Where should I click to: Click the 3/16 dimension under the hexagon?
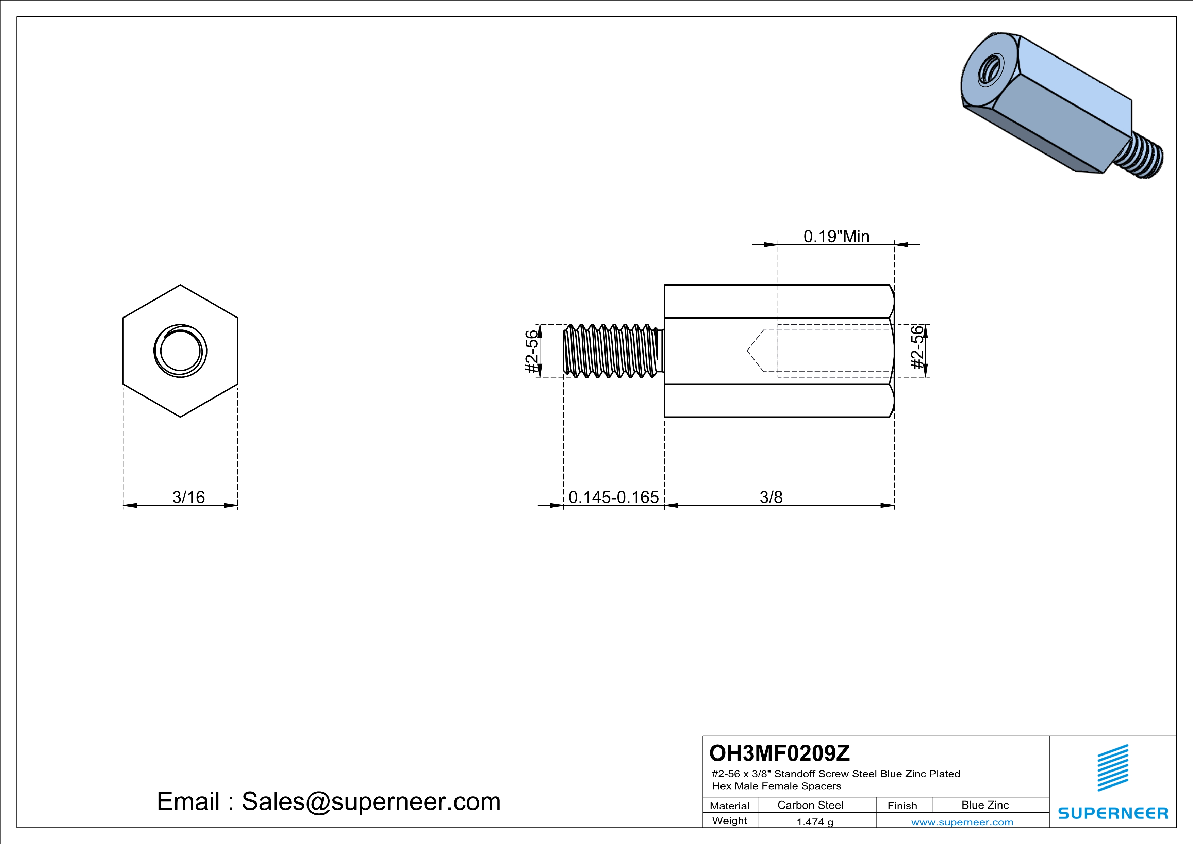[x=188, y=497]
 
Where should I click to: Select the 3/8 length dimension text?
[x=771, y=497]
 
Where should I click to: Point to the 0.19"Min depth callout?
[x=836, y=237]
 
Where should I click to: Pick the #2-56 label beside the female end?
[x=918, y=347]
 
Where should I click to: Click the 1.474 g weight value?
[x=815, y=822]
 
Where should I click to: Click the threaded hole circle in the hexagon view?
[x=180, y=351]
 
